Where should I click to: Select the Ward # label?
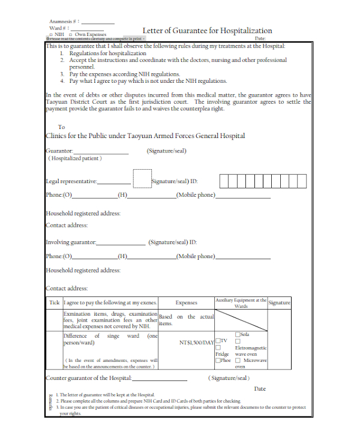point(59,28)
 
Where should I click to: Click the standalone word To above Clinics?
point(61,127)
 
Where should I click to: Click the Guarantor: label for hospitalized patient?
point(59,151)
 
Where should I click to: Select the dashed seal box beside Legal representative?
point(142,179)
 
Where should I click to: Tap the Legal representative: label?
point(71,181)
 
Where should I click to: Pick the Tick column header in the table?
point(54,303)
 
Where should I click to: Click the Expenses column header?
point(186,303)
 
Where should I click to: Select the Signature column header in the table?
point(280,303)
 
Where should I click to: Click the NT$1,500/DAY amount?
point(196,343)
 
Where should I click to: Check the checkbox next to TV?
point(218,341)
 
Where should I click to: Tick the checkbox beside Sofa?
point(238,334)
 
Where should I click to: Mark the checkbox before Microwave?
point(238,361)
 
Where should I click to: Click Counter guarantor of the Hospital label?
point(88,378)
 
